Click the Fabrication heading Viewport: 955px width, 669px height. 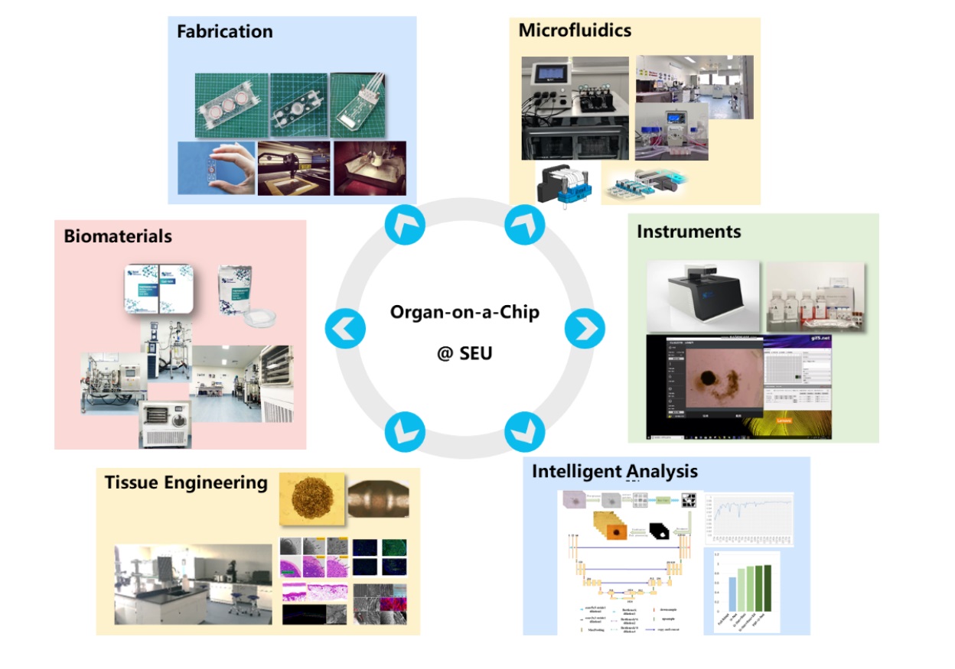(x=224, y=32)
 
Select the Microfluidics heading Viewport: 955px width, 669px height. (x=575, y=31)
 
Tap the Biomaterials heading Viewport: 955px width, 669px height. (x=118, y=236)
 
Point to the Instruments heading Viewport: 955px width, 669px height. (x=689, y=231)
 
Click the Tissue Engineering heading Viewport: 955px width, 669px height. (x=186, y=482)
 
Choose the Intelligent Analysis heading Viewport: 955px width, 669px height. (x=614, y=472)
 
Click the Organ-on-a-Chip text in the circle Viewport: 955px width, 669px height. (x=464, y=312)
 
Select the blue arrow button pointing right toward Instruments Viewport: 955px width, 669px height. (x=585, y=329)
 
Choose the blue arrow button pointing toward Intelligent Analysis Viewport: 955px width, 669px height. (x=525, y=431)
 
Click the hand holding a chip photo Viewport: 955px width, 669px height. (x=216, y=168)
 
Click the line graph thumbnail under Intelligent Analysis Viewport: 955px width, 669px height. (x=748, y=518)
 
